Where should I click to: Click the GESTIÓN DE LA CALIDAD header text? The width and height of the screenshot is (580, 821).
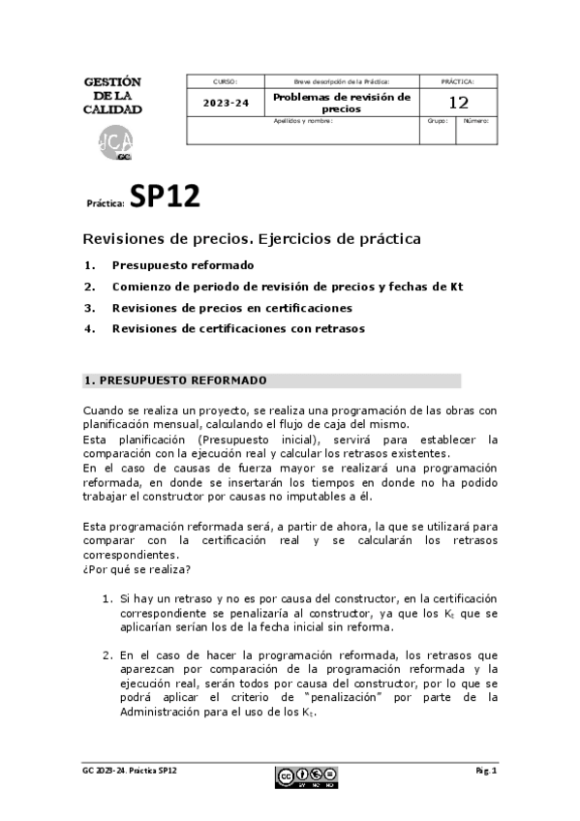pos(112,95)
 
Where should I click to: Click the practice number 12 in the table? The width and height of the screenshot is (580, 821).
pos(459,103)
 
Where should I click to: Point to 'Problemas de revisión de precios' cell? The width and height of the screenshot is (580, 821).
pos(341,103)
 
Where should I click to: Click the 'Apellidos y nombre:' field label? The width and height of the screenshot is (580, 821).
pos(302,122)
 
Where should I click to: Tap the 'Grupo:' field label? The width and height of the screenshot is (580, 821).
pos(438,122)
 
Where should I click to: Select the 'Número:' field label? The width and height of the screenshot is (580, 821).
pos(475,122)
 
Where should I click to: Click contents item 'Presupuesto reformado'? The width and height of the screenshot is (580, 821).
pos(183,264)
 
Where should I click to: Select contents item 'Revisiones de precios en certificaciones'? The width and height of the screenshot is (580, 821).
pos(231,308)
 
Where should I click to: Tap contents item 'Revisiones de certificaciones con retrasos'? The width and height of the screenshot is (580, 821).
pos(238,329)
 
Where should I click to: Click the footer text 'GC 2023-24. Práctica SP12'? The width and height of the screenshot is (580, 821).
pos(129,770)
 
